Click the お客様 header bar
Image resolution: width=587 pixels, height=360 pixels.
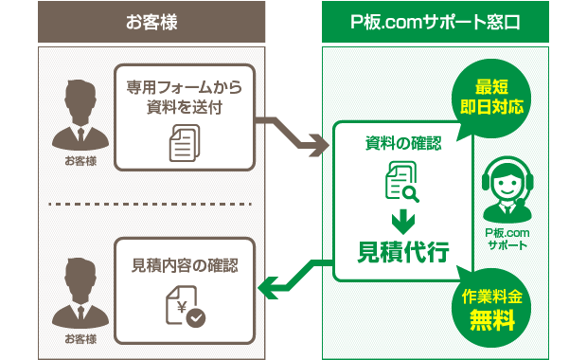[x=151, y=22]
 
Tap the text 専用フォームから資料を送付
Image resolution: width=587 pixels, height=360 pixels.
[x=185, y=97]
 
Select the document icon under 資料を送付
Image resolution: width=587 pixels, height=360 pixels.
[x=184, y=145]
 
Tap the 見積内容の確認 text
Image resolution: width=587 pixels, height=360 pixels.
[x=185, y=265]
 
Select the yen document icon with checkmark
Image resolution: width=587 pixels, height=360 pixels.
[x=186, y=307]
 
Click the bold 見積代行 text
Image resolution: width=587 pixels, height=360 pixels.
[x=403, y=252]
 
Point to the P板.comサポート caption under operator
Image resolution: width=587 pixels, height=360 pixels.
[x=507, y=238]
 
